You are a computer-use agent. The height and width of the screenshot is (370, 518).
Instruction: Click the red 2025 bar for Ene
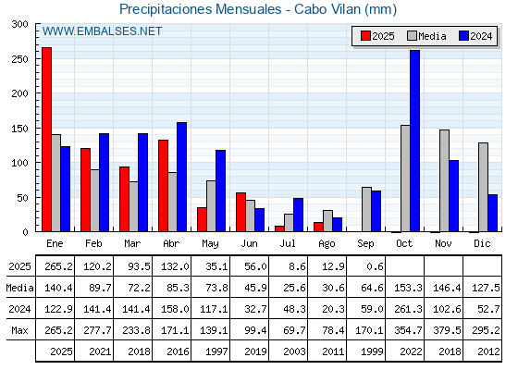click(46, 140)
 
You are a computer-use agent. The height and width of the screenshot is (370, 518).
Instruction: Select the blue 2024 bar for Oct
click(415, 141)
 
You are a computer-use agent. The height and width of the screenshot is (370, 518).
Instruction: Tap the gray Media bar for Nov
click(444, 180)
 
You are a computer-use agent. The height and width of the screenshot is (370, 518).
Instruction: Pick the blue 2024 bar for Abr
click(181, 177)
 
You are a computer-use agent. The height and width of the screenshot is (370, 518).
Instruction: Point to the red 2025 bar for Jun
click(240, 212)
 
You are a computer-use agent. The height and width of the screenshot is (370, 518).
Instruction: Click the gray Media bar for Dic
click(483, 187)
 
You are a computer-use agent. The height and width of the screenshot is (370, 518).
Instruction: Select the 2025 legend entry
click(377, 36)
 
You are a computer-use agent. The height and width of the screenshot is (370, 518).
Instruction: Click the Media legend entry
click(426, 36)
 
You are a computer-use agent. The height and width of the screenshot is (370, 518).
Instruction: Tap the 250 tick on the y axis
click(19, 59)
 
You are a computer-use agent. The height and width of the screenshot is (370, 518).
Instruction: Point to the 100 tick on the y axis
click(19, 163)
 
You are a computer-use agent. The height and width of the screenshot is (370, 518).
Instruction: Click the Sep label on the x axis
click(365, 244)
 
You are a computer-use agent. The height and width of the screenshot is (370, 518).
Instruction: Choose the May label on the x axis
click(210, 244)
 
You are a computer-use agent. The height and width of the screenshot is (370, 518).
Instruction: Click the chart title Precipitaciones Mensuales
click(200, 9)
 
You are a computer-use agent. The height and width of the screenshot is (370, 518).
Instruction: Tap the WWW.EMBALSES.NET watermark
click(102, 31)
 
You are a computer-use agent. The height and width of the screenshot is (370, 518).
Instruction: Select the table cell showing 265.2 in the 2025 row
click(58, 266)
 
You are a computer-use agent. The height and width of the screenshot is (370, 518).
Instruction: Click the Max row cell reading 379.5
click(447, 330)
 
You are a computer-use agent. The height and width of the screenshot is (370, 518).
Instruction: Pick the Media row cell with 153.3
click(408, 288)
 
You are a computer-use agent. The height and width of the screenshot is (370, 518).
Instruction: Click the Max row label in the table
click(19, 330)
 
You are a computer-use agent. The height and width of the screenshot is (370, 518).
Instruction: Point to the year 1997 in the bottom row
click(216, 351)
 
